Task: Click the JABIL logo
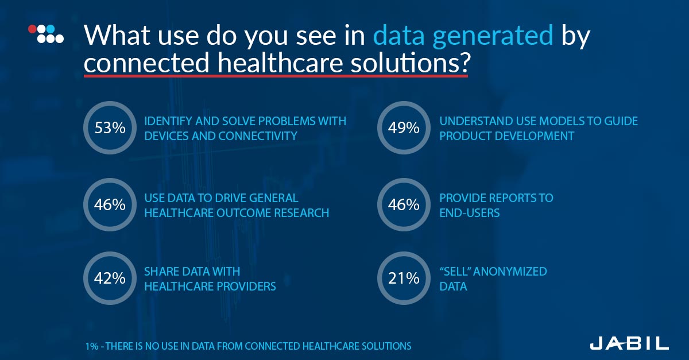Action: tap(629, 343)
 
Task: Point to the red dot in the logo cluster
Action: tap(32, 29)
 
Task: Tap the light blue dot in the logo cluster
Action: tap(51, 29)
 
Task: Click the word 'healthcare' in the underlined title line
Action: tap(280, 62)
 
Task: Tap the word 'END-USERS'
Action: tap(470, 213)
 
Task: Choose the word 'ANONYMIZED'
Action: tap(510, 272)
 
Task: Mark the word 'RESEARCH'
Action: tap(301, 213)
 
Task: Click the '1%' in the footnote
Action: tap(92, 346)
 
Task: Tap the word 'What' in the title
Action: tap(117, 35)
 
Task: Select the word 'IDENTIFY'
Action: tap(168, 121)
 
